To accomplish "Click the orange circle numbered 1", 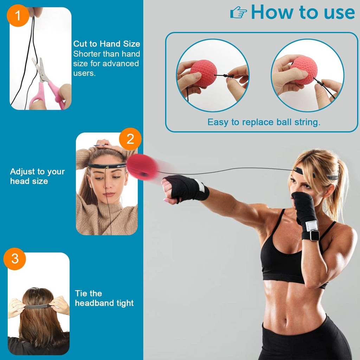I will [x=17, y=16].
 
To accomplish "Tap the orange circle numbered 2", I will [x=130, y=139].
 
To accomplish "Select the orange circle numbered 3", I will [x=15, y=259].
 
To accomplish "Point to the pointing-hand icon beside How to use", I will [x=239, y=13].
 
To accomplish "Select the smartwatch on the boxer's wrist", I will [x=314, y=235].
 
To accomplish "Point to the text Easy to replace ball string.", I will [x=264, y=122].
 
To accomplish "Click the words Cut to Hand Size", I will [x=107, y=44].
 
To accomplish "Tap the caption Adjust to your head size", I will [x=37, y=176].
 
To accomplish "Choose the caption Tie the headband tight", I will [x=104, y=298].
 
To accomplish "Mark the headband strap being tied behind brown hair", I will [x=37, y=306].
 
